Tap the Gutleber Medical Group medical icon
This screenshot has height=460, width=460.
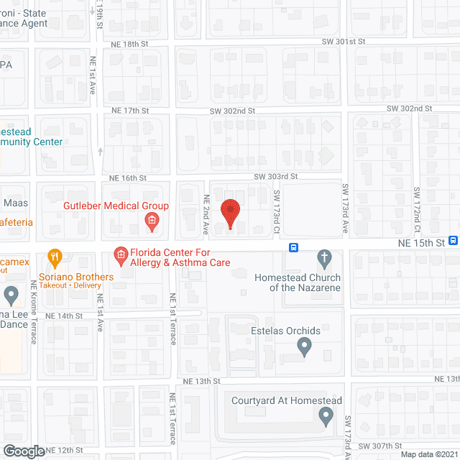pos(152,224)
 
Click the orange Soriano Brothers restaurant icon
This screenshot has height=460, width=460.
pos(53,257)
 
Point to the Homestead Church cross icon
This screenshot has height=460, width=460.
pos(324,257)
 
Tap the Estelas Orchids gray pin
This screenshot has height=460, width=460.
pos(304,348)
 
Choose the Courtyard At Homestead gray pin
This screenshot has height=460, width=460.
pos(326,414)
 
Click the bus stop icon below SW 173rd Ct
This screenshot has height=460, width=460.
pos(294,247)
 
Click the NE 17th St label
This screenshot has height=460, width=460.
pos(130,111)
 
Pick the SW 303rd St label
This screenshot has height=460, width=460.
pos(275,177)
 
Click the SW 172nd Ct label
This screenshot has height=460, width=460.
pos(416,206)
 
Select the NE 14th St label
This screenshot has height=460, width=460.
pos(64,316)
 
